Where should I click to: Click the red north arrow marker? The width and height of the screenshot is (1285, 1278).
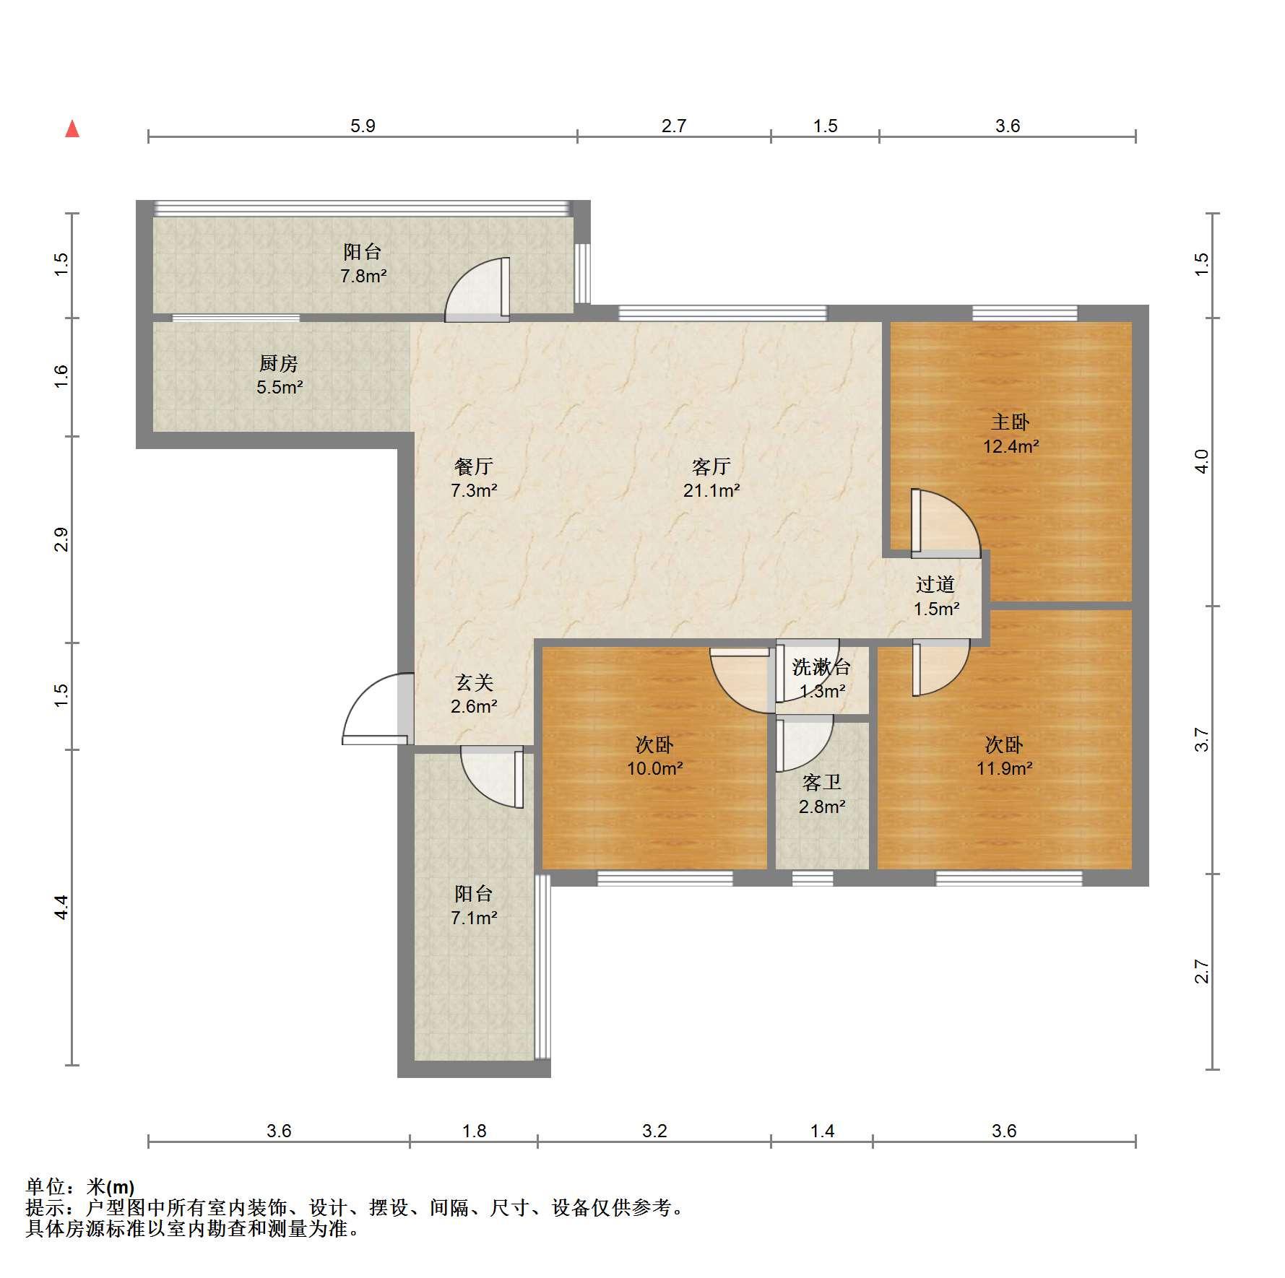click(x=72, y=129)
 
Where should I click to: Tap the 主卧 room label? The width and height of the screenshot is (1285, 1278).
click(x=1010, y=422)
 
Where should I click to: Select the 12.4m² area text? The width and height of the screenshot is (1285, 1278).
click(x=1011, y=446)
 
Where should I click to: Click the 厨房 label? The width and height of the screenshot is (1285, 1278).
click(x=278, y=363)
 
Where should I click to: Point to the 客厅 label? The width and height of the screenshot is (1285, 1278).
click(x=711, y=466)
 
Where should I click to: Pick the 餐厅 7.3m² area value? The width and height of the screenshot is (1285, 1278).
click(x=474, y=491)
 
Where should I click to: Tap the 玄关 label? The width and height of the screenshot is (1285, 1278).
click(x=474, y=682)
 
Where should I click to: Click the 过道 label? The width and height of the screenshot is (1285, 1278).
click(x=935, y=584)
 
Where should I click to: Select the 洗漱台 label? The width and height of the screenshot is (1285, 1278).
click(x=821, y=667)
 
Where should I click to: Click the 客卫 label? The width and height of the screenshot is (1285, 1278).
click(x=822, y=782)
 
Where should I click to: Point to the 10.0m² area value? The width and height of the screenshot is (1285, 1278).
click(x=654, y=768)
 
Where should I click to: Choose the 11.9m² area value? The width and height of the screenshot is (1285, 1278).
click(x=1004, y=768)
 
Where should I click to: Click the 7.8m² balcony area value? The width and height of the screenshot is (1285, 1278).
click(x=363, y=276)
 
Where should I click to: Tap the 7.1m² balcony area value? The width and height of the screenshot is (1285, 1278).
click(x=474, y=918)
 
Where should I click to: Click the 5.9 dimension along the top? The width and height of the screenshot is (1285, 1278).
click(x=363, y=126)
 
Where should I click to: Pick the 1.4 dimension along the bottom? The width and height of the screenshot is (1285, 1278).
click(x=822, y=1131)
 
